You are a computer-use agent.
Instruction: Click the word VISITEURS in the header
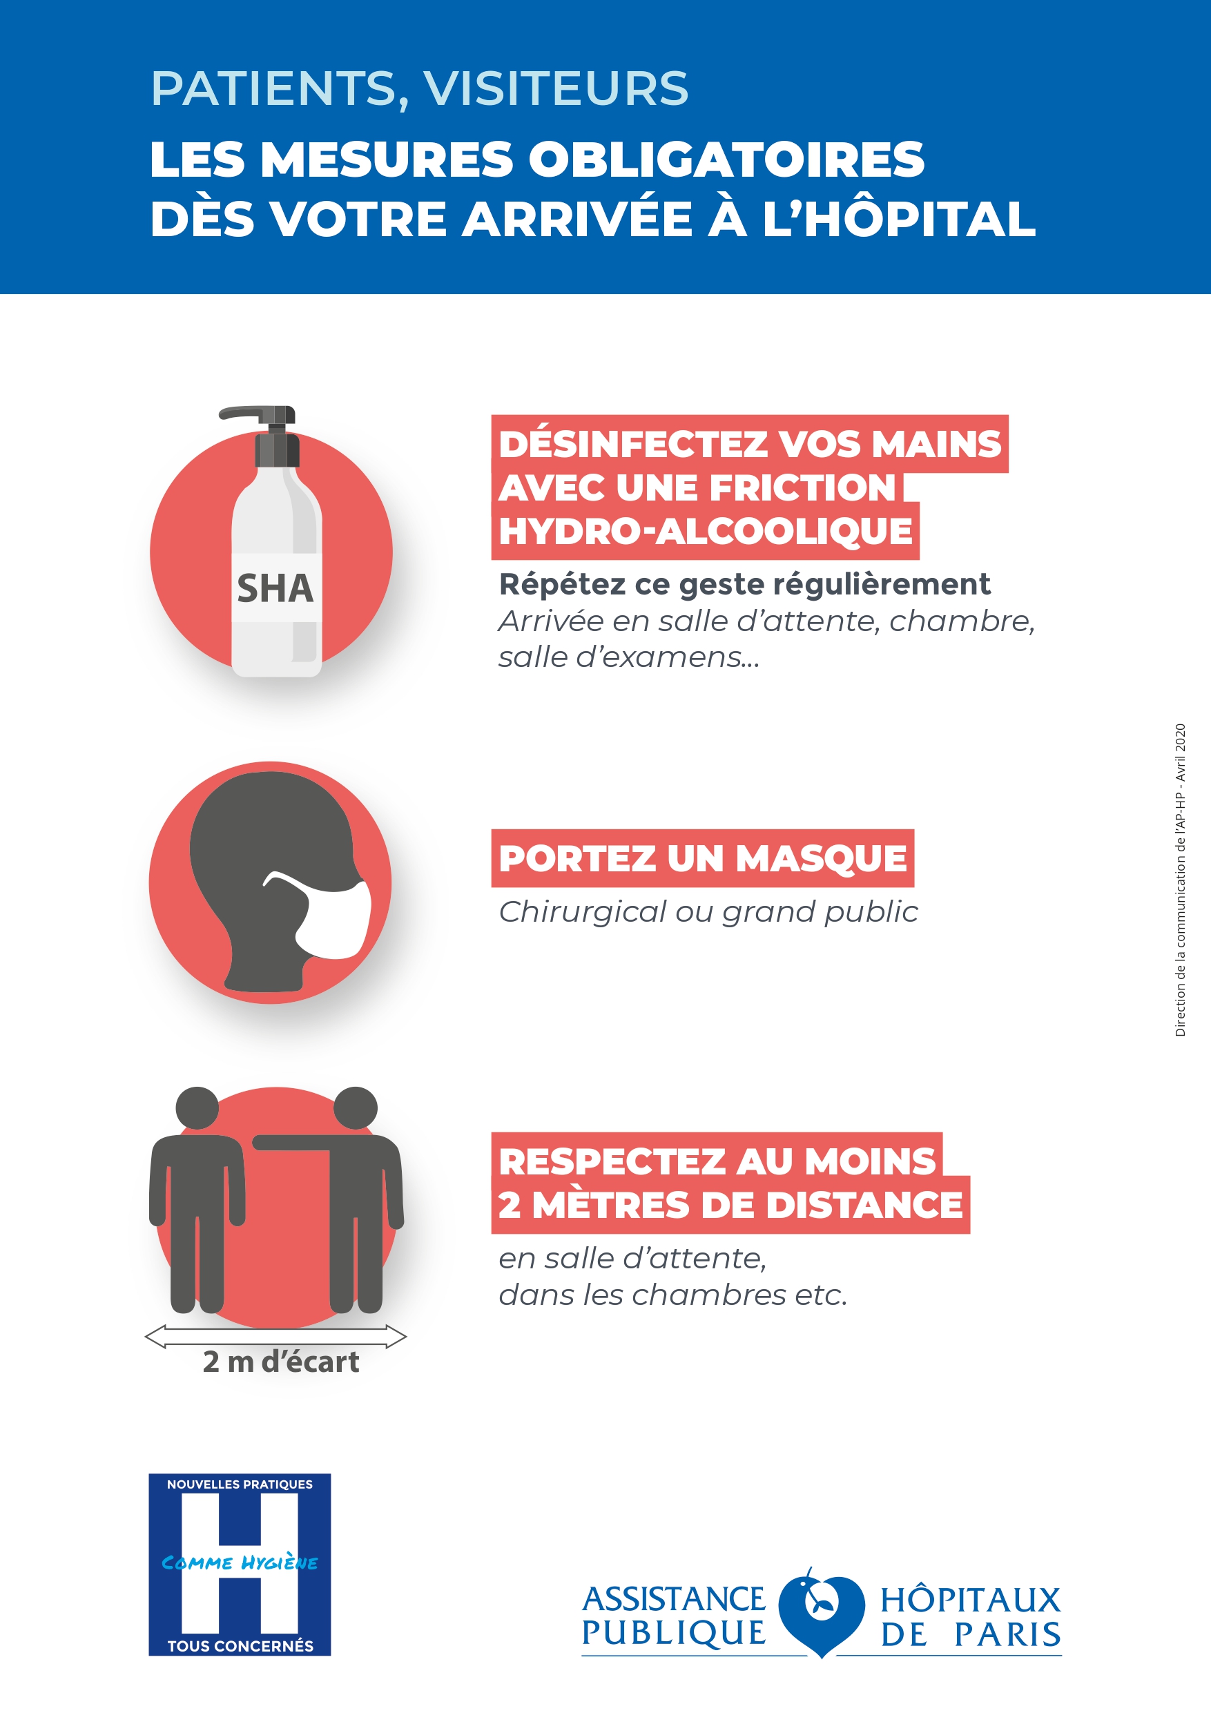[x=556, y=89]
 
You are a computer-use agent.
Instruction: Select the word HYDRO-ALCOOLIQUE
[x=705, y=532]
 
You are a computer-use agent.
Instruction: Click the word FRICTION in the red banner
[x=802, y=488]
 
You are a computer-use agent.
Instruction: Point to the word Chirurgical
[x=583, y=911]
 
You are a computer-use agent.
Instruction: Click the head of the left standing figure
[x=197, y=1108]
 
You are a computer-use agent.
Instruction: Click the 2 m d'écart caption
[x=280, y=1362]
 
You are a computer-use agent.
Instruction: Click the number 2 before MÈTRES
[x=510, y=1205]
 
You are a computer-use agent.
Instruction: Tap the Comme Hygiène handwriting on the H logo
[x=240, y=1563]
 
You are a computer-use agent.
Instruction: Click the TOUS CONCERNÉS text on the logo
[x=240, y=1646]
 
